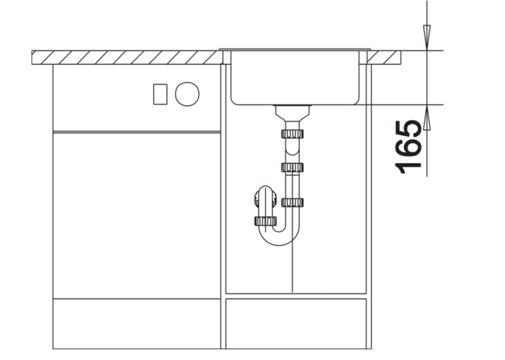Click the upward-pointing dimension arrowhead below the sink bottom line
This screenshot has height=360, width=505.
pos(427,117)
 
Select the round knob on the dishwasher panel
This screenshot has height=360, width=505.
pos(187,95)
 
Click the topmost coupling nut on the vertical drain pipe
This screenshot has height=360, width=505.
pos(293,134)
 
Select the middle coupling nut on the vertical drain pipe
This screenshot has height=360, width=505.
pos(293,167)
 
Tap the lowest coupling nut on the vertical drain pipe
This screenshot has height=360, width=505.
pos(293,202)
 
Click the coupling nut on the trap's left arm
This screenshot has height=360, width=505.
pos(265,220)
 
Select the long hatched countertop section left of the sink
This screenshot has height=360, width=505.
pos(126,57)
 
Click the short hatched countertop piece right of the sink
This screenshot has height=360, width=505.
pos(384,57)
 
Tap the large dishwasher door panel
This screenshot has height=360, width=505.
pos(136,215)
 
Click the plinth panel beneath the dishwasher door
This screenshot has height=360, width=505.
pos(136,323)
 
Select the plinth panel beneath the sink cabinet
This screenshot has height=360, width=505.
pos(296,323)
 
